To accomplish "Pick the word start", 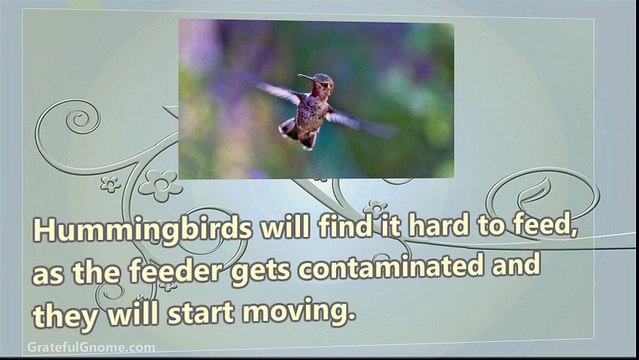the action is [201, 314].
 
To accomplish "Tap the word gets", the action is [261, 272].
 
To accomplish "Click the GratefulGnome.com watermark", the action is [91, 348].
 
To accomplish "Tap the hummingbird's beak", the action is [306, 77].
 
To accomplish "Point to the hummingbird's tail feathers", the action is [297, 134].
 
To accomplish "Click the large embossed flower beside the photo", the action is [161, 186].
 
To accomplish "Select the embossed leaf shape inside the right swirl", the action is [534, 191].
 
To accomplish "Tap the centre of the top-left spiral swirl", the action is [81, 119].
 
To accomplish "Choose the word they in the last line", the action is [65, 316].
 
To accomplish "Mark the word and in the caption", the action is [516, 264].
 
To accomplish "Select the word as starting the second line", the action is [48, 276].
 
